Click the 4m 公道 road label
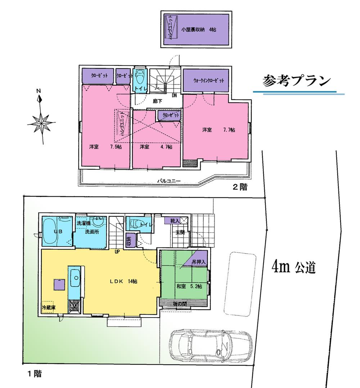(x=294, y=268)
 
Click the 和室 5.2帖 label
(x=189, y=287)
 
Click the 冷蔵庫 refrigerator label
(x=48, y=307)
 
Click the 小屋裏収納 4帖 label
(x=199, y=30)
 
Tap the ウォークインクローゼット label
(x=206, y=81)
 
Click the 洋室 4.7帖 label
(x=156, y=147)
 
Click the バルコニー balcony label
(x=168, y=181)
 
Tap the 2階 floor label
(x=239, y=187)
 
